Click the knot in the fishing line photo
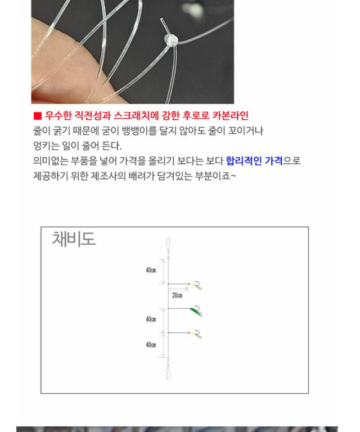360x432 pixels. (x=171, y=40)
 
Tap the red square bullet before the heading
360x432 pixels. (x=37, y=116)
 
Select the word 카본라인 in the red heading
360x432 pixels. (x=230, y=115)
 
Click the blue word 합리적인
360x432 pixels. (x=244, y=161)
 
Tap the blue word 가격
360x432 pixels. (x=273, y=161)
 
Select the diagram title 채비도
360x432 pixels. (x=74, y=238)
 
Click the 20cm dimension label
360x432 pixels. (x=177, y=295)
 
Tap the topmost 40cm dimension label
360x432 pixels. (x=151, y=270)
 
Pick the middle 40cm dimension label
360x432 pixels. (x=151, y=319)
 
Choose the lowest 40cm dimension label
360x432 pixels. (x=151, y=345)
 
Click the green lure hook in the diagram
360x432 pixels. (x=196, y=311)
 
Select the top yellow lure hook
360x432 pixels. (x=196, y=286)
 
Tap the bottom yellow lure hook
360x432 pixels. (x=196, y=335)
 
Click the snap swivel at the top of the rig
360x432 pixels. (x=168, y=247)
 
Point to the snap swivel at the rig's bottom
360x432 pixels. (x=168, y=369)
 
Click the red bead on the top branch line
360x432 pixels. (x=189, y=283)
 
